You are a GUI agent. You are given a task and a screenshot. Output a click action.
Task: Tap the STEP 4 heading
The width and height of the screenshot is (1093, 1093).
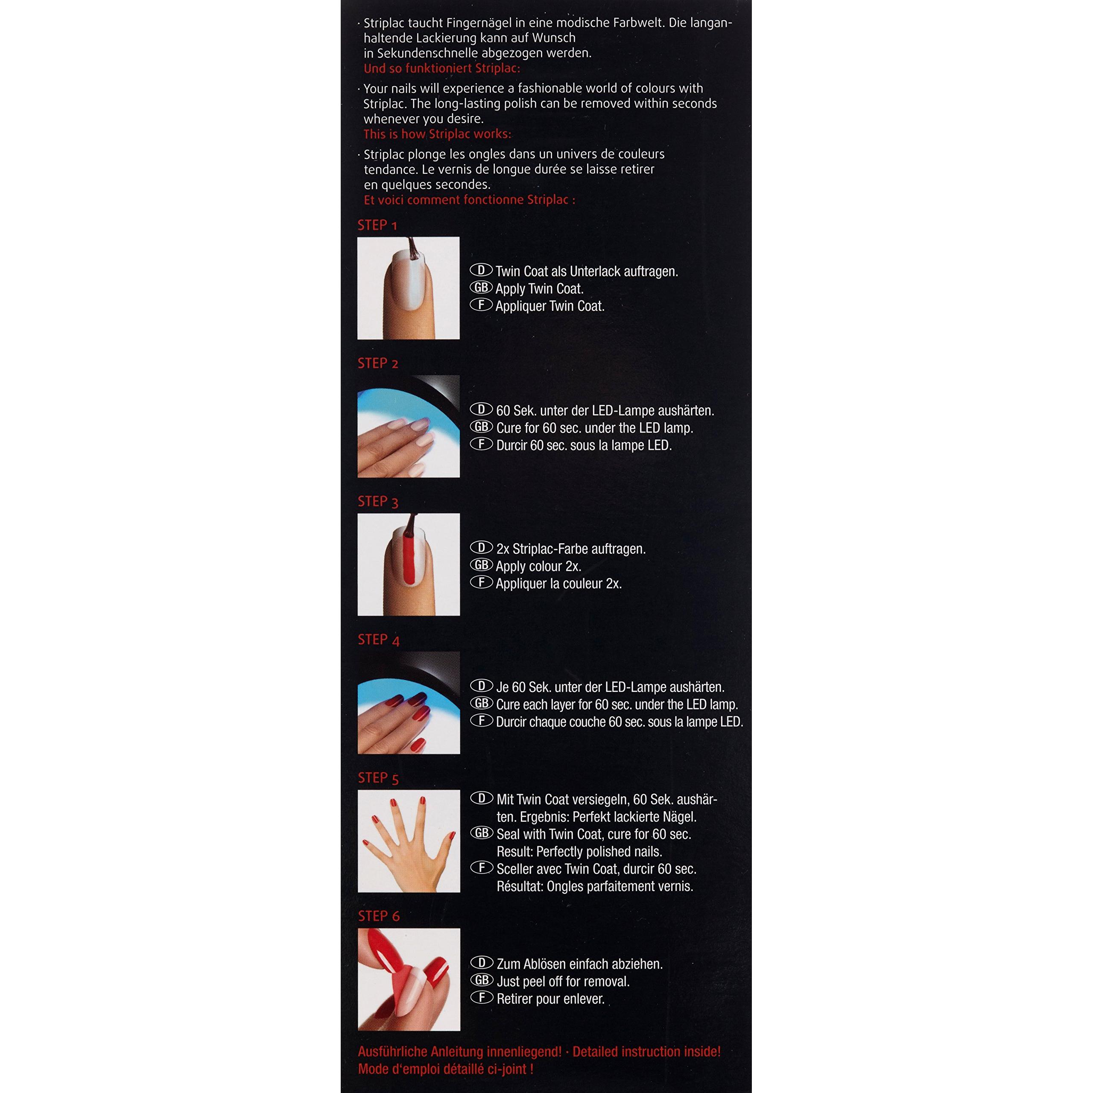[x=378, y=640]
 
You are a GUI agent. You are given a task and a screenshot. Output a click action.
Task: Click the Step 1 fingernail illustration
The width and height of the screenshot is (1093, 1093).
[x=409, y=288]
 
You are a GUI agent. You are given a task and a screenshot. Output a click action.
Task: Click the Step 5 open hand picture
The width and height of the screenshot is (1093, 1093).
[x=409, y=841]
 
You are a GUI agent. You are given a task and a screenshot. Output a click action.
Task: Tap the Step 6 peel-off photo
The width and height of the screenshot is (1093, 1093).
[x=409, y=979]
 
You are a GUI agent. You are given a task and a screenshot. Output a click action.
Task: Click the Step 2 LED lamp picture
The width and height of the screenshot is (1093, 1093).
[x=409, y=426]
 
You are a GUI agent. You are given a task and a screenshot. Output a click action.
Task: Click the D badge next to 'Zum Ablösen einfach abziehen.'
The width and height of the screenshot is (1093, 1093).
[x=482, y=962]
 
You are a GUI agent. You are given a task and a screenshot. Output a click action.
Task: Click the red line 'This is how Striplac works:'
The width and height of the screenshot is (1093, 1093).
[x=437, y=134]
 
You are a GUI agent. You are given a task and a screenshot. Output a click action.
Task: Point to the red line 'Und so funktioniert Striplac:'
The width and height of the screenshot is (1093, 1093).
[x=442, y=68]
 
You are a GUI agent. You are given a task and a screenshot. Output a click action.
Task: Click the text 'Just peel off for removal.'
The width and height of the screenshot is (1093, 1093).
[x=563, y=982]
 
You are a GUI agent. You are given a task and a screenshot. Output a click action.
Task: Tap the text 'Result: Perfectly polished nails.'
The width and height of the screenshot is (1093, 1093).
[x=579, y=851]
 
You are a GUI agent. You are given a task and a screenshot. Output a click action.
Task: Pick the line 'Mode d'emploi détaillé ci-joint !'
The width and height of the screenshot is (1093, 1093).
[x=446, y=1069]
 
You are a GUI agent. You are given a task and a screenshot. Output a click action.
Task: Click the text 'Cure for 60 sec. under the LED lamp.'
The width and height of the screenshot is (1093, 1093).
[x=595, y=428]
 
